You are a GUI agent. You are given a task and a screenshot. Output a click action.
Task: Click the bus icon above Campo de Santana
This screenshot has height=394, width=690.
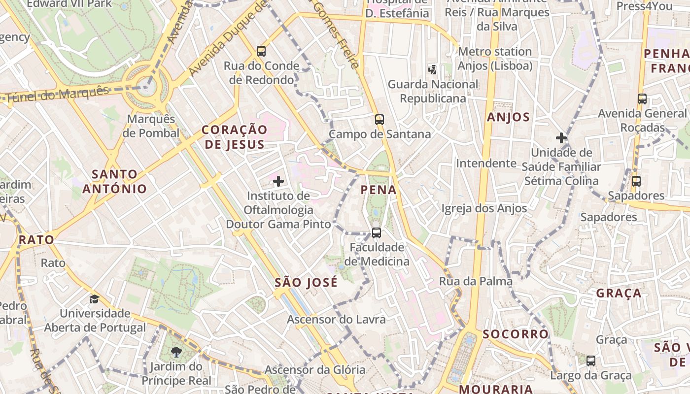point(379,119)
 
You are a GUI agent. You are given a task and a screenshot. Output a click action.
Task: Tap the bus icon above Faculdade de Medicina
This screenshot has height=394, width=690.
point(377,232)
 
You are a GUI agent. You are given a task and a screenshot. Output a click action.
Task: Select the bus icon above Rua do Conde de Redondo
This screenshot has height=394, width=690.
point(261,51)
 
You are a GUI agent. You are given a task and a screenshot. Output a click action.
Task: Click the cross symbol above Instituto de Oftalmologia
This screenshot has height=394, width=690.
point(278,181)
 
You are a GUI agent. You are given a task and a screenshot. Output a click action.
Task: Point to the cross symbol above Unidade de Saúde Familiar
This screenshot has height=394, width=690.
point(561,138)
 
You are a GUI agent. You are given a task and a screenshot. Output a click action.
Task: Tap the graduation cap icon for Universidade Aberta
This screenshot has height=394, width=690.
point(94,299)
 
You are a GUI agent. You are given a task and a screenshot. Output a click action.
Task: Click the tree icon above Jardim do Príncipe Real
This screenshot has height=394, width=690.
point(176,352)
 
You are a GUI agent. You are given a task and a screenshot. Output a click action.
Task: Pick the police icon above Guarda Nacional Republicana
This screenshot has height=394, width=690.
point(432,70)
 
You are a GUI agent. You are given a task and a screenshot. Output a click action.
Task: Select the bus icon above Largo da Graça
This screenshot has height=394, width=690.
point(591,361)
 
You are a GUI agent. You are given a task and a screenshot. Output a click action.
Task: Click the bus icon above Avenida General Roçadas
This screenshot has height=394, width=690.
point(642,99)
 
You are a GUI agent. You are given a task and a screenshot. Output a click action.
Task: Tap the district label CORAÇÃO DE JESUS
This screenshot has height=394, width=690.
point(235,137)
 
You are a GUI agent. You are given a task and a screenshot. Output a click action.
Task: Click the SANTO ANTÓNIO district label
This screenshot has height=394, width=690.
point(115,181)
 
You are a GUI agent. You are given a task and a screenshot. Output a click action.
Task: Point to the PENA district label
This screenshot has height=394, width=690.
point(379,190)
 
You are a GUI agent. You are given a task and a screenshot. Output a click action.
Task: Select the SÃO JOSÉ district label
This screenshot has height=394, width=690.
point(306,282)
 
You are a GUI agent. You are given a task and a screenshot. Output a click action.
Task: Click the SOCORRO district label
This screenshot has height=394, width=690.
point(516,334)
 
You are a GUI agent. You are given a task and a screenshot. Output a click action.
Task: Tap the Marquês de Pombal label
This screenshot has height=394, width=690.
point(151,126)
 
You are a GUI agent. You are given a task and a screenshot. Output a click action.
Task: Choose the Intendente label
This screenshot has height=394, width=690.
point(486,163)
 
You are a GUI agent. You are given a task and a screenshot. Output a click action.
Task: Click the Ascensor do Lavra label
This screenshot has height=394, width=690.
point(336,320)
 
